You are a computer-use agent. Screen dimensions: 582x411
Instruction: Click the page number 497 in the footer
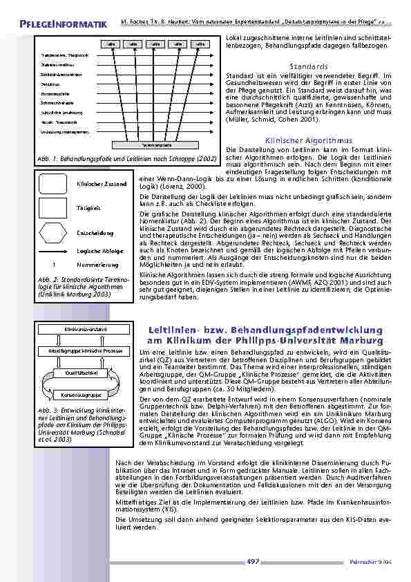(x=252, y=561)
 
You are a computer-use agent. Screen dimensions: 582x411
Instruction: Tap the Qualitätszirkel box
(x=86, y=373)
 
